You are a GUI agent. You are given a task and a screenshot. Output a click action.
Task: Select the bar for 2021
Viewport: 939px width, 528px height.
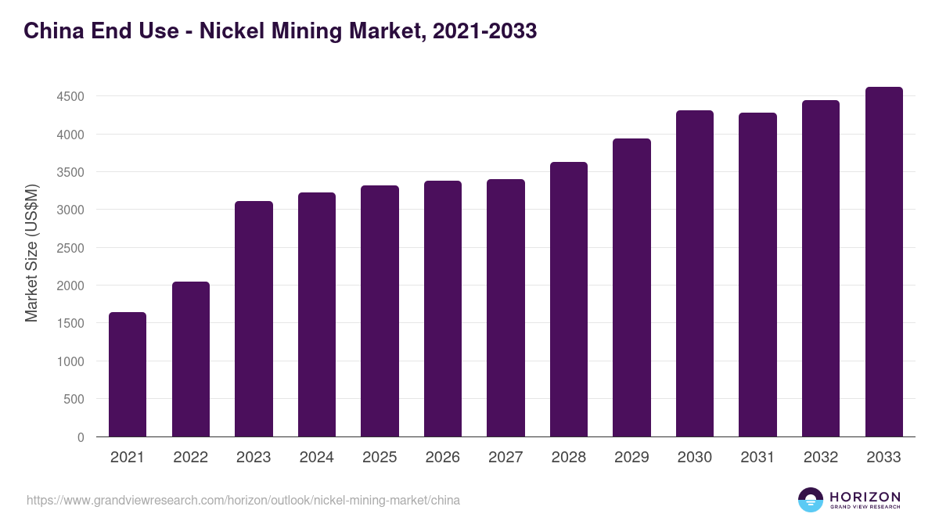point(128,375)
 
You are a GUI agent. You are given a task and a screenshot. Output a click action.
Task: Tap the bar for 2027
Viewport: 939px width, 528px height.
point(505,308)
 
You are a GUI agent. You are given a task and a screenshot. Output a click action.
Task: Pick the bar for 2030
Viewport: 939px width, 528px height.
point(695,274)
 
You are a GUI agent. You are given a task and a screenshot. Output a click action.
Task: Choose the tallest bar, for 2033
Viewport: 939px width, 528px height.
point(883,262)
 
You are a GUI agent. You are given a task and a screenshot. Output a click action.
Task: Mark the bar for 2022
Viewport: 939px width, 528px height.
point(191,359)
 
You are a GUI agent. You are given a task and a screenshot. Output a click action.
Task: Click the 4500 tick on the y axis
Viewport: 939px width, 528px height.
point(70,97)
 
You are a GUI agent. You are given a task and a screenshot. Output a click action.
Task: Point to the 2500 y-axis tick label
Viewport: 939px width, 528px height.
point(70,248)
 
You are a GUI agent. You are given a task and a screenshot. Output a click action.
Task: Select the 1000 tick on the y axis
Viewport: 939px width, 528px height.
point(70,361)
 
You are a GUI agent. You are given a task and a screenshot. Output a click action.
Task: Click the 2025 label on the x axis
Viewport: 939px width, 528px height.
point(380,458)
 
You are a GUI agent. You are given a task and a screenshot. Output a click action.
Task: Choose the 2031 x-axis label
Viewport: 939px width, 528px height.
point(757,458)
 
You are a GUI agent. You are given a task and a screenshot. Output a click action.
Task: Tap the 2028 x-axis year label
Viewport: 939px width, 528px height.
point(569,458)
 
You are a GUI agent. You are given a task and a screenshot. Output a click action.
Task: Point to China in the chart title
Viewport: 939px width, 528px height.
point(50,31)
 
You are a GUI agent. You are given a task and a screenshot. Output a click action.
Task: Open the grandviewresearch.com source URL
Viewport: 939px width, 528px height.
point(243,500)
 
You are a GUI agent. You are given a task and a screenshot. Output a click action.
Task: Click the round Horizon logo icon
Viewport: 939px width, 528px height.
point(811,500)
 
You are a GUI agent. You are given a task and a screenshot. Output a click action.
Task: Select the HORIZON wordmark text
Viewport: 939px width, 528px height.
point(865,497)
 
